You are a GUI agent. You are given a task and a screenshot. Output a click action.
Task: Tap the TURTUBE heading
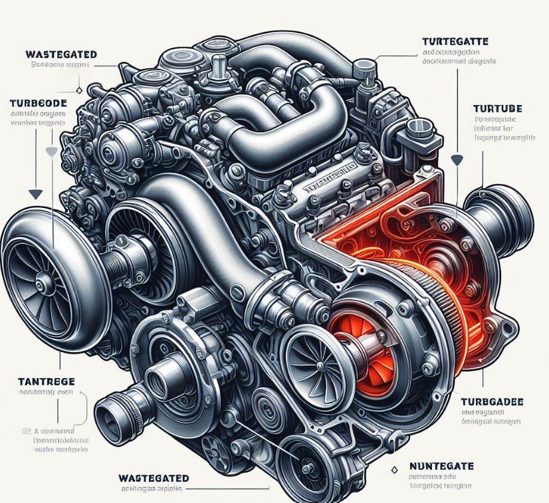pos(496,108)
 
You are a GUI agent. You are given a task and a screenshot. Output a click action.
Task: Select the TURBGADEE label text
pos(491,402)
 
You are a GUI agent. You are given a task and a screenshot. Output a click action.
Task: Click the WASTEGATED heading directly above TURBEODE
pos(61,54)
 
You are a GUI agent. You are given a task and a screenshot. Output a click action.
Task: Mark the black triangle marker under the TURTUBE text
pos(457,160)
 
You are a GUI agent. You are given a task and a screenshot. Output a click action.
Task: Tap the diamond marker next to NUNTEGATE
pos(394,470)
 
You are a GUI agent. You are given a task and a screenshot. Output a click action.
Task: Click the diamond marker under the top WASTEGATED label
pos(79,90)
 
